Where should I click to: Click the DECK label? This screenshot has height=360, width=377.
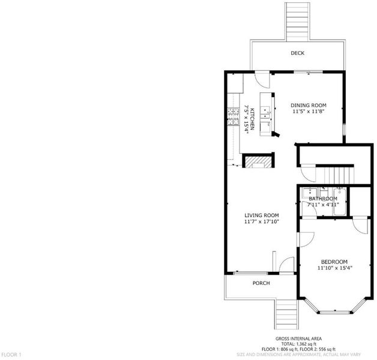coord(297,53)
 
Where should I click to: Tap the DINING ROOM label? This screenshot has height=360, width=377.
coord(309,105)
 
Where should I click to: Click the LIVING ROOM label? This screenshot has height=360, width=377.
coord(262,215)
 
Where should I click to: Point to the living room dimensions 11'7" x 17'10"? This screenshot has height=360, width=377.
coord(262,221)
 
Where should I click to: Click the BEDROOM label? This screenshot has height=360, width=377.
coord(334,262)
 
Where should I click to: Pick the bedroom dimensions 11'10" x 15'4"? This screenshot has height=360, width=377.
coord(335,268)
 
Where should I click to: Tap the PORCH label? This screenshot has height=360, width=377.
coord(261,283)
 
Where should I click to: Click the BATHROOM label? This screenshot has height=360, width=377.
coord(323,199)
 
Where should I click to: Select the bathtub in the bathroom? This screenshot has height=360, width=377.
coord(340,202)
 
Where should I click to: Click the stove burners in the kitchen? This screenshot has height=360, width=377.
coord(65,117)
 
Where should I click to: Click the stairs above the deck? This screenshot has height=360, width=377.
coord(297,22)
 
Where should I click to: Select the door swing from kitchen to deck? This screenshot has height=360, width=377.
coord(262,80)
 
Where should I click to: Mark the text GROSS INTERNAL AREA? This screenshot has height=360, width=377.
coord(298,338)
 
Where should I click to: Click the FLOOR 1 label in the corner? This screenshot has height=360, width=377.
coord(11,355)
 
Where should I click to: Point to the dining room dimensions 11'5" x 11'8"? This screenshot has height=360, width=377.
coord(309,112)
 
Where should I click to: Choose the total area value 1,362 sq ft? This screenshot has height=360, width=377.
coord(305,344)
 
